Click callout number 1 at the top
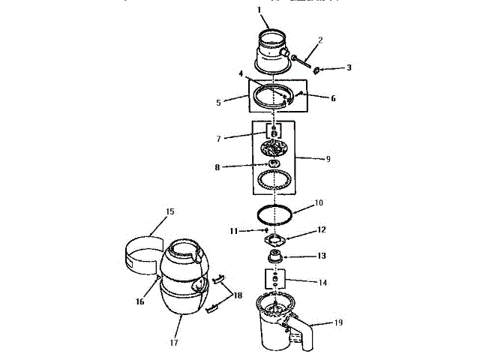point(259,10)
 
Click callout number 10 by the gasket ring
point(318,202)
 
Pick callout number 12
point(322,229)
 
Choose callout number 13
point(322,256)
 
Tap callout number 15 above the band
point(169,212)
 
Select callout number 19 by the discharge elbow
point(338,323)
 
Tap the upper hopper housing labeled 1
point(271,51)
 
